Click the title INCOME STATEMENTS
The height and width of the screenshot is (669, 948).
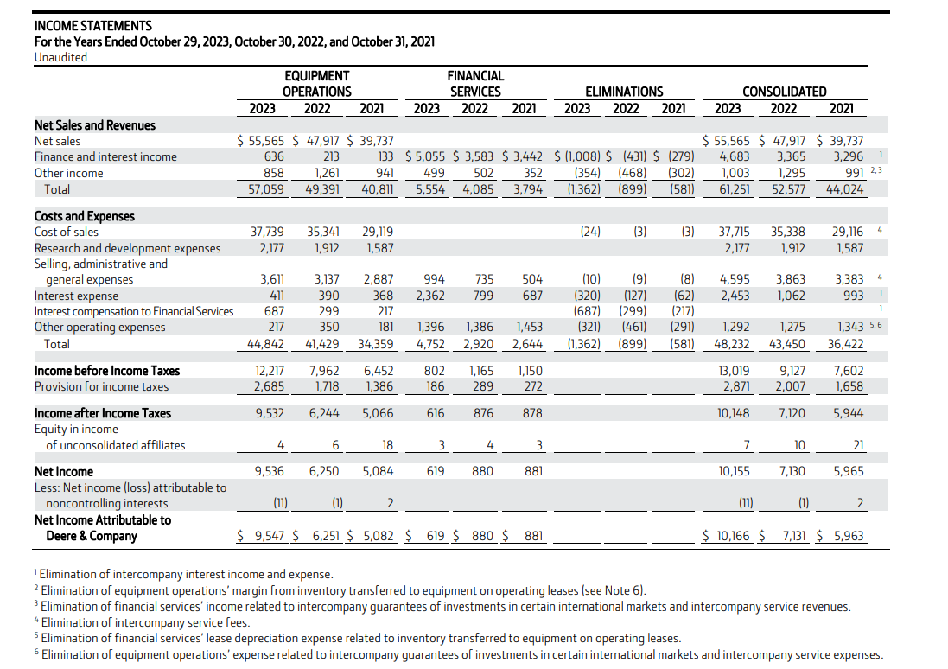click(92, 26)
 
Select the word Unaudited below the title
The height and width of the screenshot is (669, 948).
click(60, 57)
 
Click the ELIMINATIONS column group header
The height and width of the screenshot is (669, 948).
click(624, 92)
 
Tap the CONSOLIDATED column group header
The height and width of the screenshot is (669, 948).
click(784, 92)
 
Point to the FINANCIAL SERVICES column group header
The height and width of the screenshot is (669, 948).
click(474, 84)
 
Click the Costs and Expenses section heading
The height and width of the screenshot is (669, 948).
click(84, 216)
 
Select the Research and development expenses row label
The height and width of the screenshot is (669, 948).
click(127, 248)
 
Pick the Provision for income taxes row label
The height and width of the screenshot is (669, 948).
click(101, 386)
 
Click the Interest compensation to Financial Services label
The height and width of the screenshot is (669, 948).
click(133, 311)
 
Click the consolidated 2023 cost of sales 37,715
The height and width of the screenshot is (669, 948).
click(735, 232)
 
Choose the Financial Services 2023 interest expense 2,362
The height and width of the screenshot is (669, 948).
click(430, 296)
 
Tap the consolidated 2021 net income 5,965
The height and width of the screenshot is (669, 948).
click(847, 471)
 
